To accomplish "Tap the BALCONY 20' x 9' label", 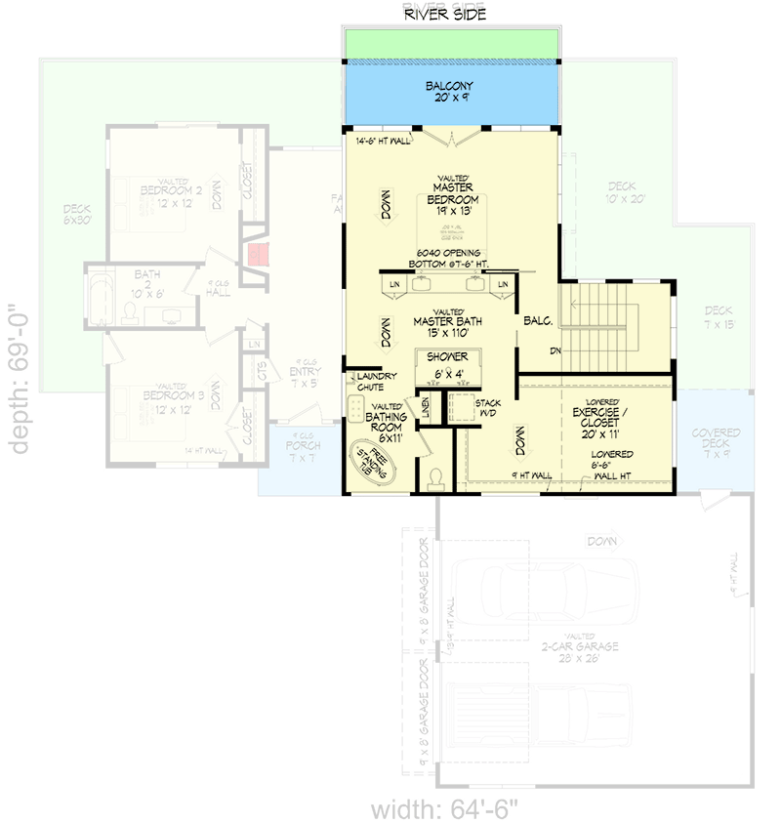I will pos(450,93).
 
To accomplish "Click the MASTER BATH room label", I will pos(449,321).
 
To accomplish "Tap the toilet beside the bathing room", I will pos(435,477).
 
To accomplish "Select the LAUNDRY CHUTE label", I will pos(376,381).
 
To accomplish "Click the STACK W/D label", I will pos(487,407).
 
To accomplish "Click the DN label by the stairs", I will pos(555,350).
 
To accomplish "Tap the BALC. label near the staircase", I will pos(539,318).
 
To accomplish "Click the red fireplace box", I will pos(258,255).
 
